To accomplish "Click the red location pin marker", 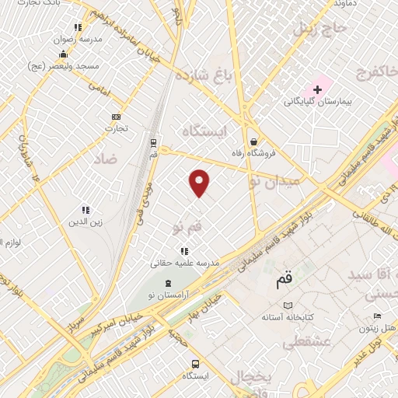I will tap(200, 182).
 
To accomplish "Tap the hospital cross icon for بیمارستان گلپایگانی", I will tap(317, 89).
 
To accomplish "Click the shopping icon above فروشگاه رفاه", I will tap(253, 142).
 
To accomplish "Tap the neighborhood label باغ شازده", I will tap(204, 76).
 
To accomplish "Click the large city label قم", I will tap(285, 279).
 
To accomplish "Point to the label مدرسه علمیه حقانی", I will tap(186, 264).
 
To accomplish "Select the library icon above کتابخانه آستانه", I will tap(289, 305).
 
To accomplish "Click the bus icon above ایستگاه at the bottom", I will tap(195, 363).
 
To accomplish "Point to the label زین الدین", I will tap(86, 221).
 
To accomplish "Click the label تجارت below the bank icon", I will tap(117, 127).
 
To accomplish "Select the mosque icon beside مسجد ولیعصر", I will tap(64, 54).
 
